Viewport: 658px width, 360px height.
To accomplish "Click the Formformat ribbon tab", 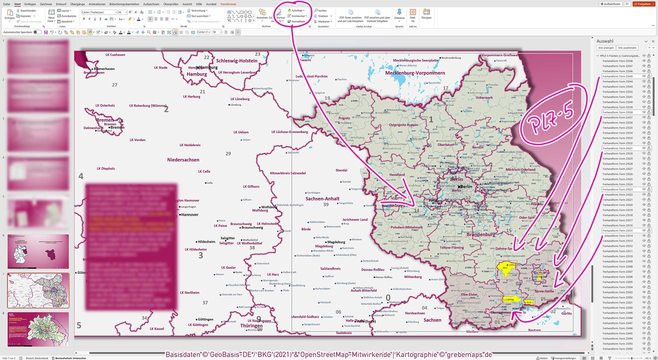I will click(x=228, y=4).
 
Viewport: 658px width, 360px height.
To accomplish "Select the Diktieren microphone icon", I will click(x=399, y=12).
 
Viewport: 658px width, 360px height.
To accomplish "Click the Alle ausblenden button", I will click(x=627, y=48).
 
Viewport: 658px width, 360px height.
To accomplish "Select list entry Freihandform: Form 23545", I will click(x=618, y=77).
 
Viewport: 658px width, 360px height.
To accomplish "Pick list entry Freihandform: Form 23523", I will click(x=618, y=190).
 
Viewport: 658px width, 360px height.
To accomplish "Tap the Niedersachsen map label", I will click(x=183, y=160).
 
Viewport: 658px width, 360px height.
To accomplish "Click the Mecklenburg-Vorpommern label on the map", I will click(x=415, y=73).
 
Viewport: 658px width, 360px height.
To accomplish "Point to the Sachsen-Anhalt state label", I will click(x=322, y=199).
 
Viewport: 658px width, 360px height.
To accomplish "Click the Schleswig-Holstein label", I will click(x=237, y=61).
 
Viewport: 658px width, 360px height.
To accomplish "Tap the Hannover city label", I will click(x=190, y=215).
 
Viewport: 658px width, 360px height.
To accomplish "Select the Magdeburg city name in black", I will click(x=336, y=242).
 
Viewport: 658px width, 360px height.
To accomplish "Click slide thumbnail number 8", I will click(x=38, y=329).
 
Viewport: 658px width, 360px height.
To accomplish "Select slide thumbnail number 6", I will click(x=38, y=251).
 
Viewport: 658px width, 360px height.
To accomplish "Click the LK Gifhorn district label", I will click(x=251, y=187).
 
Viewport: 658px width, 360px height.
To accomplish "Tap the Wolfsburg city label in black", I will click(x=269, y=207).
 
